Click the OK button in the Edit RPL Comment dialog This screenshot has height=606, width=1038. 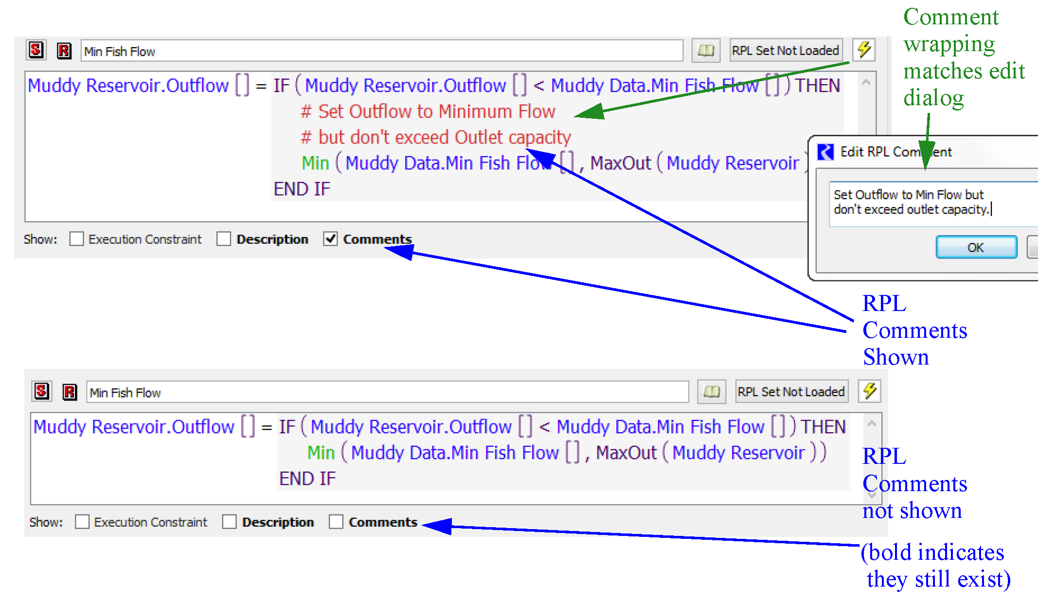tap(976, 247)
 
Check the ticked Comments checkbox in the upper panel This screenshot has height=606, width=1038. tap(331, 239)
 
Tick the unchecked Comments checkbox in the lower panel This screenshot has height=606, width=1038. tap(336, 522)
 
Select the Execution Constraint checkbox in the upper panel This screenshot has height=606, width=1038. tap(76, 239)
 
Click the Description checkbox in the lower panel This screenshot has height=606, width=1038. tap(229, 522)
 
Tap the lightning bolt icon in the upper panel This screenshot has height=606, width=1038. tap(864, 50)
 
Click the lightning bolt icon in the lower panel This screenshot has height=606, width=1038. tap(870, 391)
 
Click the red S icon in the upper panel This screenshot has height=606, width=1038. tap(36, 50)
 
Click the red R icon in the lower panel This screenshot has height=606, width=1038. tap(70, 392)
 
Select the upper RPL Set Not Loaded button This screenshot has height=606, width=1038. tap(786, 50)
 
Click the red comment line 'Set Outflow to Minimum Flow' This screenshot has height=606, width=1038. tap(428, 111)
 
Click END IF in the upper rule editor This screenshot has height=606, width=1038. tap(302, 189)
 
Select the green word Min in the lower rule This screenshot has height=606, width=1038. tap(321, 453)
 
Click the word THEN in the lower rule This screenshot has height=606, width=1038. tap(823, 427)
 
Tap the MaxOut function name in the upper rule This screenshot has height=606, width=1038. tap(620, 163)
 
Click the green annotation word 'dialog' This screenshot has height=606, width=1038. tap(933, 98)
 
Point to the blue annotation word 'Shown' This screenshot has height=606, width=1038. tap(895, 357)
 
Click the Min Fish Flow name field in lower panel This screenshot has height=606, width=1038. tap(387, 392)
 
